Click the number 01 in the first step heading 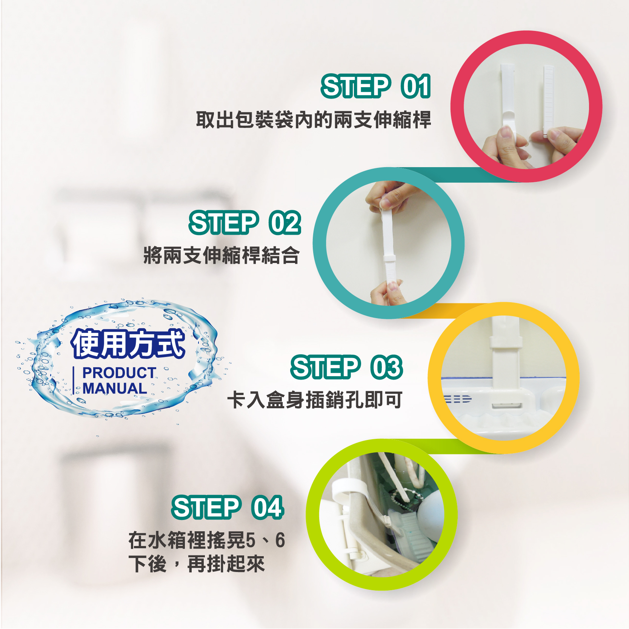pos(416,86)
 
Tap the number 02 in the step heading pos(285,223)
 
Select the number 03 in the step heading pos(387,367)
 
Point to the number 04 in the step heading pos(268,507)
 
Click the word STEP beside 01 pos(356,86)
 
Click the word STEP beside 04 pos(206,507)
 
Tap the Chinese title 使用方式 pos(128,343)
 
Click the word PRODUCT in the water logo pos(119,373)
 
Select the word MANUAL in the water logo pos(115,388)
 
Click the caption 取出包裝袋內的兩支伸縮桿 pos(314,120)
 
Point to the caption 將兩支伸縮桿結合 pos(221,255)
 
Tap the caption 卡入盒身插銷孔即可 pos(315,400)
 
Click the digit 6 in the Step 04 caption pos(280,540)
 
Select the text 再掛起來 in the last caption pos(226,564)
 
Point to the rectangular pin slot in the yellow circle pos(506,406)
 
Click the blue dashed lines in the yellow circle pos(458,399)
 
